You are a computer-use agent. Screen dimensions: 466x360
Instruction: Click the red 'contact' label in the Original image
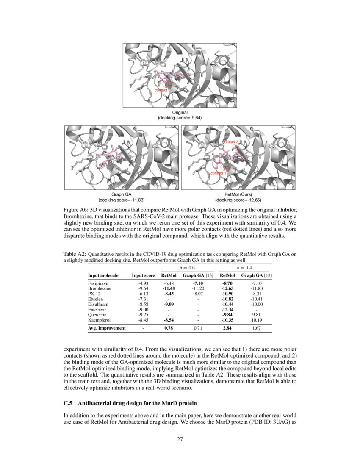coord(161,90)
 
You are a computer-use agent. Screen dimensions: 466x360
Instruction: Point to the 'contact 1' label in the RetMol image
coord(219,173)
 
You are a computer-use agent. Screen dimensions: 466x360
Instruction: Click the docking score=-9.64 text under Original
coord(180,117)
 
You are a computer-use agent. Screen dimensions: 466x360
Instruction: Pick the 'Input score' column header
coord(143,275)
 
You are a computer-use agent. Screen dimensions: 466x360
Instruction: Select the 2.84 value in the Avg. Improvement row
coord(227,328)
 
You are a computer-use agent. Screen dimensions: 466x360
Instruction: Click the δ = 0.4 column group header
coord(243,268)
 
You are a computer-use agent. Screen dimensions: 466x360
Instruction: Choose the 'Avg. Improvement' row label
coord(107,328)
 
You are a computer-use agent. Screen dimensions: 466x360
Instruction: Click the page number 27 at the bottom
coord(180,439)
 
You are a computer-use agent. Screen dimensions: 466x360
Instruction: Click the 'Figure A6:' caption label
coord(75,211)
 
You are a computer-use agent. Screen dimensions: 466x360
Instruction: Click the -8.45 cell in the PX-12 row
coord(169,294)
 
